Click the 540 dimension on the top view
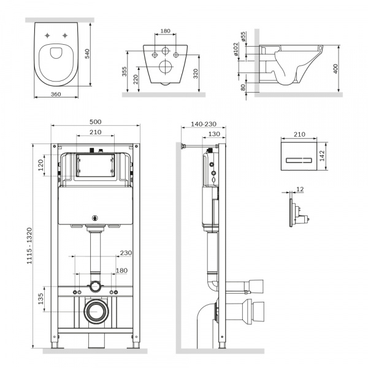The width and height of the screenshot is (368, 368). [x=87, y=53]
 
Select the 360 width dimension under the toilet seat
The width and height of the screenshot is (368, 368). [x=56, y=94]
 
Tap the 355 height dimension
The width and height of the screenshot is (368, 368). [x=125, y=72]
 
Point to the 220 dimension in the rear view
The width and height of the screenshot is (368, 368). [x=136, y=79]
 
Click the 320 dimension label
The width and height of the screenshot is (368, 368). [x=196, y=74]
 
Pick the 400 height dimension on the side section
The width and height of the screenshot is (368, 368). [x=335, y=69]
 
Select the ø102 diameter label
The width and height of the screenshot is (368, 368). [x=236, y=49]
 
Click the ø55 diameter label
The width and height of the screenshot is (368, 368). [x=243, y=36]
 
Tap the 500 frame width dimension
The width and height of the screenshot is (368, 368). [x=96, y=122]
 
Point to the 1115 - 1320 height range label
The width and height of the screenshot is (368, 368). [x=29, y=246]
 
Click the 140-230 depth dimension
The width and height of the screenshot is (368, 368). [x=204, y=124]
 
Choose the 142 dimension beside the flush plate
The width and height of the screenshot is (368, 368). [x=322, y=156]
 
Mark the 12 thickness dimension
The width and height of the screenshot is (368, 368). [x=300, y=189]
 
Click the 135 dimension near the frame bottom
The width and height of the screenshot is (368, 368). [x=41, y=299]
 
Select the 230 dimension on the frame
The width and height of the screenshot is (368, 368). [x=126, y=253]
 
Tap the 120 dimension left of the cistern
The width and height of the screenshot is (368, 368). [x=41, y=165]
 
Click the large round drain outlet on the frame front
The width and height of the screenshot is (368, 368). [x=96, y=311]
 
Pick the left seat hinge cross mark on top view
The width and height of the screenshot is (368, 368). [x=48, y=36]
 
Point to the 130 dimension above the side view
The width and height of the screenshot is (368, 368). [x=214, y=134]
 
